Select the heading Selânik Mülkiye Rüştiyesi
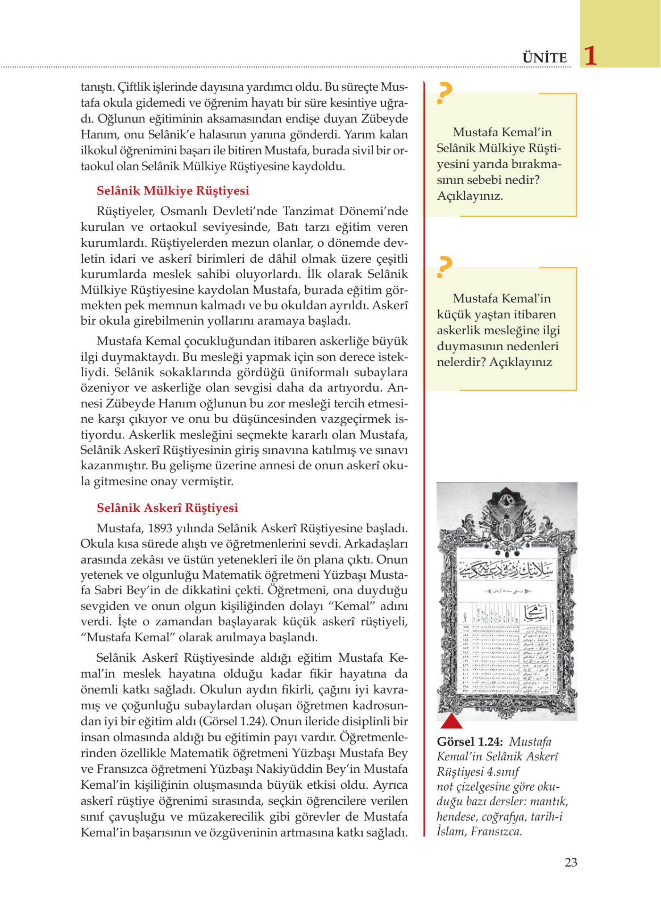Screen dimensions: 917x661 173,190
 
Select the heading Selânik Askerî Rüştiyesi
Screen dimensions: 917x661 167,507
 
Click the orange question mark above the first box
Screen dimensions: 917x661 444,93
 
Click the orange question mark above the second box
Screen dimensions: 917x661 444,267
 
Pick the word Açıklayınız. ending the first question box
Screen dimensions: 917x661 470,196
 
